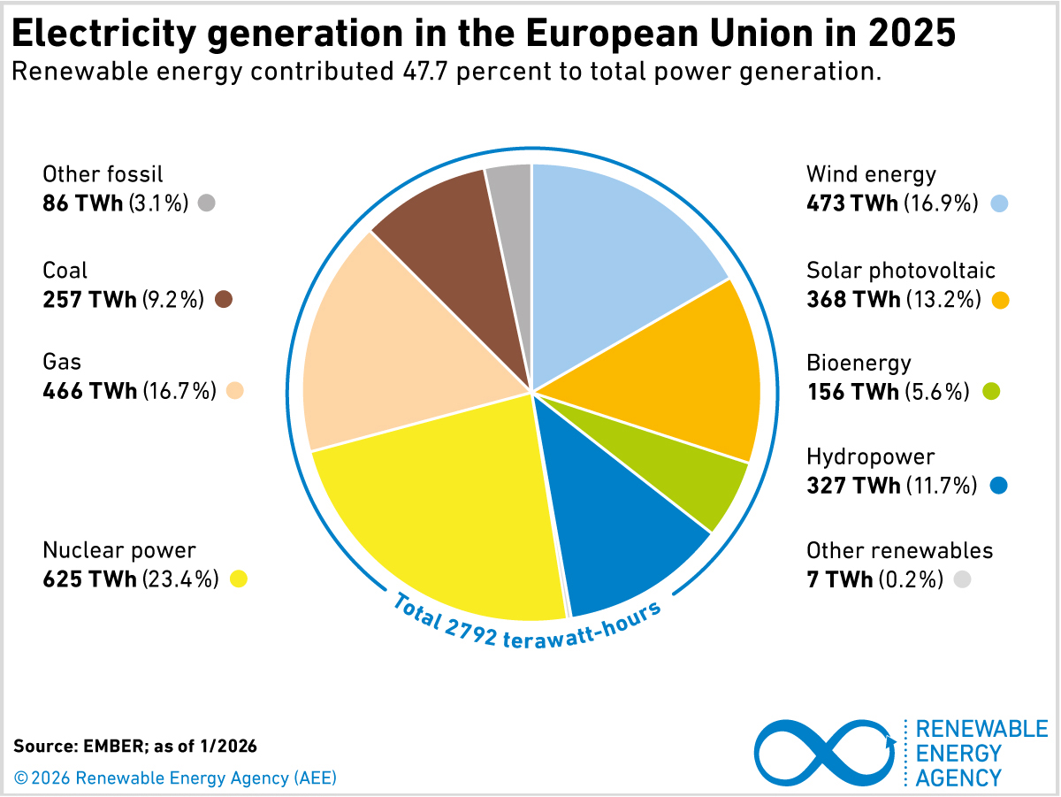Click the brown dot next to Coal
pyautogui.click(x=224, y=300)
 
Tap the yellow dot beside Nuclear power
pyautogui.click(x=238, y=579)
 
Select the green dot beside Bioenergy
pyautogui.click(x=991, y=391)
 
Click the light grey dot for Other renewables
pyautogui.click(x=963, y=579)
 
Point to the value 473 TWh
pyautogui.click(x=851, y=203)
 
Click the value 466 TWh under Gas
pyautogui.click(x=89, y=390)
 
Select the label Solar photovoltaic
pyautogui.click(x=900, y=270)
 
